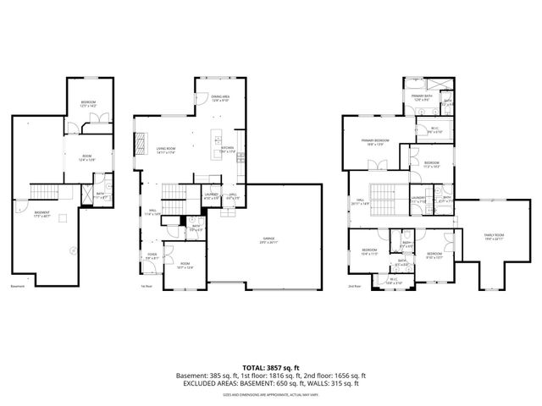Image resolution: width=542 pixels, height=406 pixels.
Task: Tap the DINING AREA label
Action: click(x=219, y=97)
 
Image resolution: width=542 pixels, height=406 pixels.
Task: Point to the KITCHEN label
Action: click(x=228, y=147)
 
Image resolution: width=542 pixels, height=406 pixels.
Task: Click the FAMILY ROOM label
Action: click(x=493, y=237)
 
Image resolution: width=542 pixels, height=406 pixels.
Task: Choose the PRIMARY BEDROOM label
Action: click(x=374, y=141)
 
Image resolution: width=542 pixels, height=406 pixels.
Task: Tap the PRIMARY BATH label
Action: click(x=423, y=97)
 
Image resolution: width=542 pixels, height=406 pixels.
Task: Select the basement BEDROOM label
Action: click(x=89, y=102)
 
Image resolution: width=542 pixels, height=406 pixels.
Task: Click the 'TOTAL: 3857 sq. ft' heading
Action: click(x=270, y=367)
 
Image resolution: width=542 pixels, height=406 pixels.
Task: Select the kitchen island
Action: click(x=216, y=140)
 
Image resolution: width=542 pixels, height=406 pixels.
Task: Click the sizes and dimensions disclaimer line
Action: click(x=270, y=394)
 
